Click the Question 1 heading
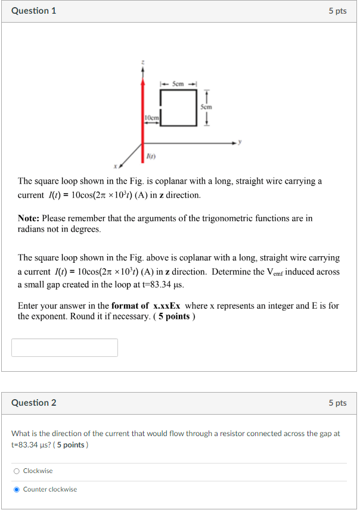click(34, 11)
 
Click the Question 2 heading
click(34, 403)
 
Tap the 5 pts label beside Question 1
click(337, 11)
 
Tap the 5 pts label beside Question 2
click(337, 403)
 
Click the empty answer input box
click(64, 347)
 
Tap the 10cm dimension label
click(152, 117)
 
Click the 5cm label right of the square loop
click(206, 107)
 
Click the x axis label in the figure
click(114, 166)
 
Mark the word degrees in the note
click(85, 229)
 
